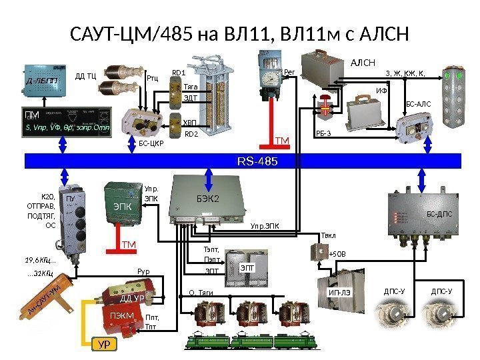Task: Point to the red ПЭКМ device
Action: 122,315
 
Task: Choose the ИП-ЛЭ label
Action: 339,292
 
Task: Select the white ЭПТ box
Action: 247,267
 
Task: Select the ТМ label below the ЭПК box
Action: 128,245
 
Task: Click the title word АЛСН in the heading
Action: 371,33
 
